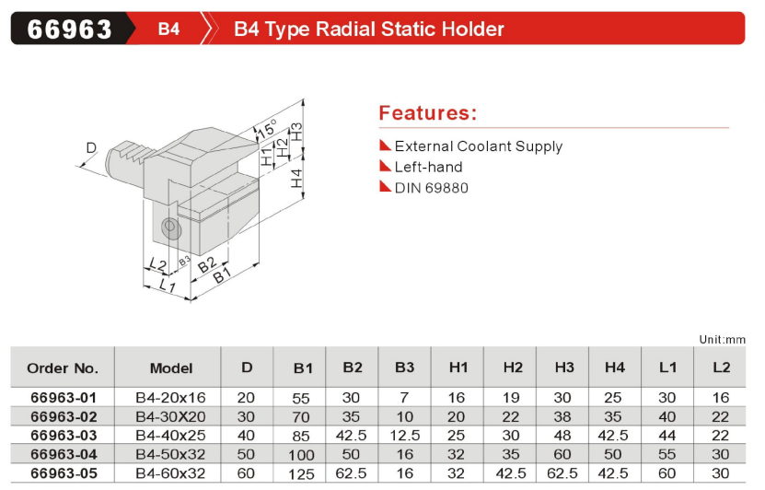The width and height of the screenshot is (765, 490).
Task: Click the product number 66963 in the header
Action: (69, 29)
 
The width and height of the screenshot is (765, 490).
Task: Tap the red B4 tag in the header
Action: (168, 29)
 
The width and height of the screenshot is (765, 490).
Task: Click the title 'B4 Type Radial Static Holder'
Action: (368, 29)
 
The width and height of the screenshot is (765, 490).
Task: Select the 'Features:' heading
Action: (428, 113)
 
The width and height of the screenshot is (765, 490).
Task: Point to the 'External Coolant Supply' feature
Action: (478, 146)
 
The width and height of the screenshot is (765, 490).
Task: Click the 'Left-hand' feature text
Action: (428, 167)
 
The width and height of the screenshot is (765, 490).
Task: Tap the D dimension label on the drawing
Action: (90, 147)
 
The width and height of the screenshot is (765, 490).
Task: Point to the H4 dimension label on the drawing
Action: (296, 179)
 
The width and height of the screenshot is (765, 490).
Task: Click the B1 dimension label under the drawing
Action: (221, 276)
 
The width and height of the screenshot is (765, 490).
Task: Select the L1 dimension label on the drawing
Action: (167, 286)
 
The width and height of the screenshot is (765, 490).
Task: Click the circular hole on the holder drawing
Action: (168, 226)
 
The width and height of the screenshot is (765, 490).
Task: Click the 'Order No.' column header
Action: (63, 367)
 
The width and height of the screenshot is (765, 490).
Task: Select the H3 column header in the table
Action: (564, 367)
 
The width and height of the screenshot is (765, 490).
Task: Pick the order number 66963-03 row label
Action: (63, 435)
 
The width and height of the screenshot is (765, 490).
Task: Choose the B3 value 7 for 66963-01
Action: (404, 398)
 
